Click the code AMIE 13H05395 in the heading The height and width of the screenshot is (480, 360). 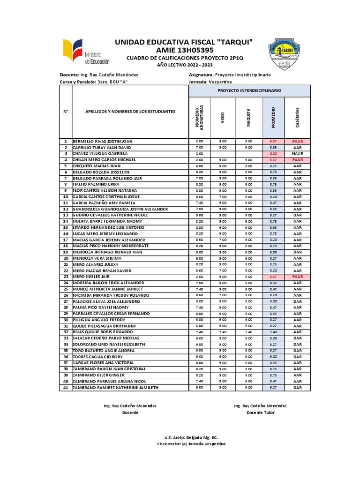(184, 50)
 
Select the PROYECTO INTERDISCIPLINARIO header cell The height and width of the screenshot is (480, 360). (249, 89)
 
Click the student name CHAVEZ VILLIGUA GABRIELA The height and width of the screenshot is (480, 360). (100, 153)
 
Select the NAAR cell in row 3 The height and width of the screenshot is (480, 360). (297, 153)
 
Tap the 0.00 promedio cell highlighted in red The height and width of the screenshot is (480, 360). (273, 153)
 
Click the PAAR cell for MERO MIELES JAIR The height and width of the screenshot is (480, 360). (297, 277)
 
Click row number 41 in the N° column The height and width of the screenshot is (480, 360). (66, 388)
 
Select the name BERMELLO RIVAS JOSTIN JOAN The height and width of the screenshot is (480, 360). (103, 141)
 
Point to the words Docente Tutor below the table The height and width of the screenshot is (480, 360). (261, 412)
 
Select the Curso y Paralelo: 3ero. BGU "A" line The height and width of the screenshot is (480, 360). (94, 82)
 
